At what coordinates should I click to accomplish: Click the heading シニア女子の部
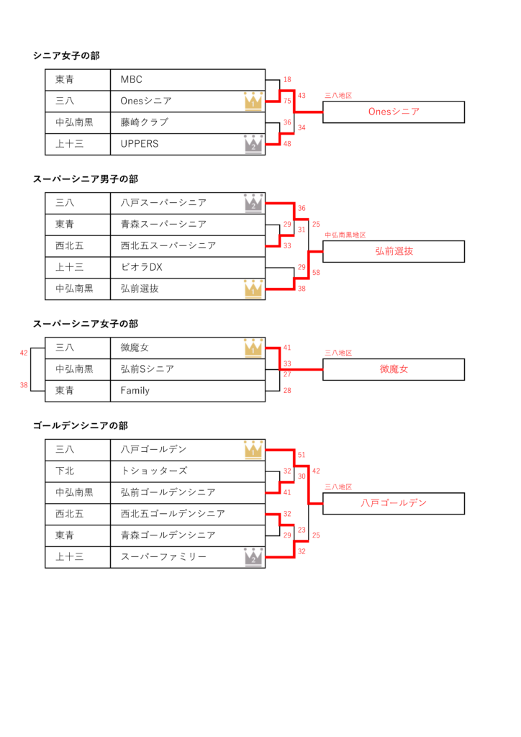(66, 55)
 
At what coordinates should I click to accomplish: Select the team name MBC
(132, 80)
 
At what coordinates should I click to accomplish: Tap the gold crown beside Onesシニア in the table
(253, 101)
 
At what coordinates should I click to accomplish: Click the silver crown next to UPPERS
(253, 144)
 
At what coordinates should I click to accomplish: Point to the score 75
(287, 101)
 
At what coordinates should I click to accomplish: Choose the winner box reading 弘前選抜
(394, 251)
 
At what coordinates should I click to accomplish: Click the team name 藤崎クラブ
(145, 122)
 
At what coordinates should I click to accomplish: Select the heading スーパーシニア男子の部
(86, 179)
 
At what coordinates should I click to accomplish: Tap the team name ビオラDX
(142, 268)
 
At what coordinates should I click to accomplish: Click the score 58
(316, 273)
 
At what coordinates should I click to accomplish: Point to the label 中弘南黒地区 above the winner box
(345, 235)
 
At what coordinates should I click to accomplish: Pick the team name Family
(135, 391)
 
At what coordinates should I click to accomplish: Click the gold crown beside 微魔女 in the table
(253, 348)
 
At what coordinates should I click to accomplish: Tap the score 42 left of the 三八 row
(24, 353)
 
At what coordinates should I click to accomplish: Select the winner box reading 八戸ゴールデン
(394, 503)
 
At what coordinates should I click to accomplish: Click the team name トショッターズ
(154, 471)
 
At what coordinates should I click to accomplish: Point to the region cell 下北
(65, 471)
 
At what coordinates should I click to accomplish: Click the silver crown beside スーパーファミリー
(253, 557)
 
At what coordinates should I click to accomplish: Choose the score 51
(302, 455)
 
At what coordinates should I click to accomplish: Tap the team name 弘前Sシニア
(148, 369)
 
